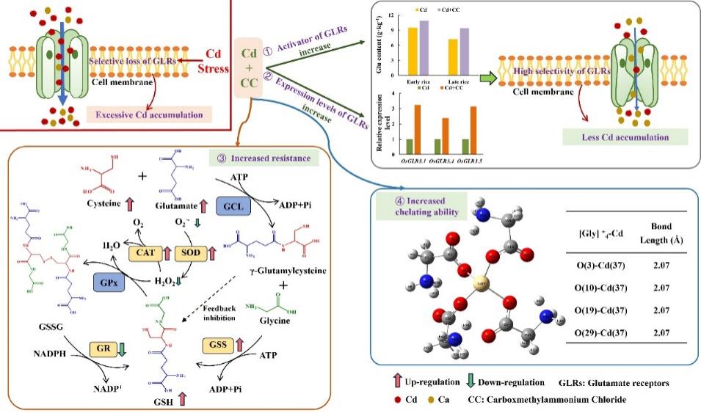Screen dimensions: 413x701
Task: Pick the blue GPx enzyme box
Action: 107,281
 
